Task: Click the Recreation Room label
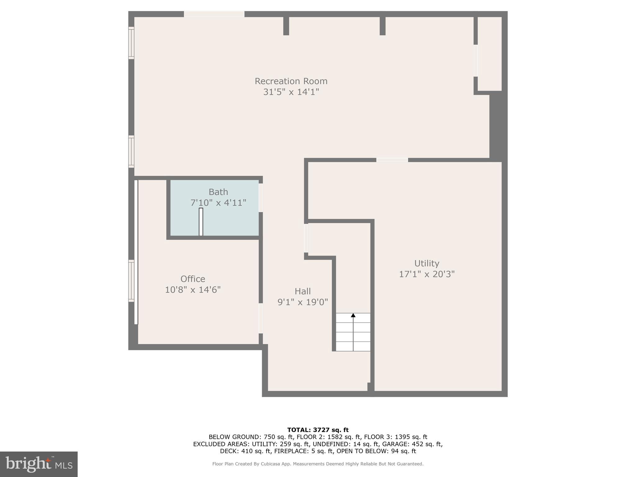[291, 81]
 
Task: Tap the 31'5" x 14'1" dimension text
[291, 92]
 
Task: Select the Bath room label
[218, 192]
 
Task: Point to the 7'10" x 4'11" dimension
[218, 203]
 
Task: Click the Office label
[193, 279]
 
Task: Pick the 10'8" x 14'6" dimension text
[193, 290]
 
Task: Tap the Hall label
[302, 291]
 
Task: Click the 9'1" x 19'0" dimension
[302, 302]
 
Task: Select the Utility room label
[426, 263]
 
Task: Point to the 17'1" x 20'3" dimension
[426, 274]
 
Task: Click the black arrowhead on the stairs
[353, 316]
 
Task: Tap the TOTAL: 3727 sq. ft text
[318, 430]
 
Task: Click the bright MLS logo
[39, 464]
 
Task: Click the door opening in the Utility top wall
[392, 160]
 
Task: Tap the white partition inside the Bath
[201, 222]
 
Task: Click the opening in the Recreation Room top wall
[214, 14]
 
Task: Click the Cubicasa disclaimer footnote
[318, 464]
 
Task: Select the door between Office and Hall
[261, 318]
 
